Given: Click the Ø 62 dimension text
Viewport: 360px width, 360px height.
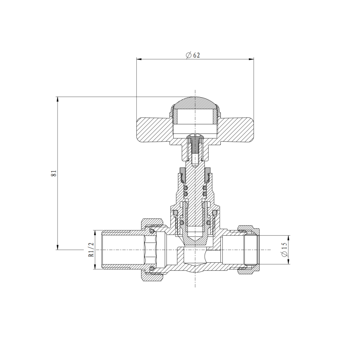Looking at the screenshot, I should pyautogui.click(x=193, y=55).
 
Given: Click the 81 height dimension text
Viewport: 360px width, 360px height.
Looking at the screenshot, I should pyautogui.click(x=54, y=173).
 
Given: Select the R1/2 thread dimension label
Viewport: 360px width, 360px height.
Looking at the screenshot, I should pyautogui.click(x=91, y=250).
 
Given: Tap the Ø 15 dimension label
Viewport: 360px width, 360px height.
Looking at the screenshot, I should pyautogui.click(x=284, y=250).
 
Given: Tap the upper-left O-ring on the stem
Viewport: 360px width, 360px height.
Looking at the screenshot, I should pyautogui.click(x=186, y=188).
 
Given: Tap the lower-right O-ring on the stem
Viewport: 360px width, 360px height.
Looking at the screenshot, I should pyautogui.click(x=205, y=194).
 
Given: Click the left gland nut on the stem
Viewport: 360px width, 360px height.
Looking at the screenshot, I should pyautogui.click(x=182, y=174).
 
